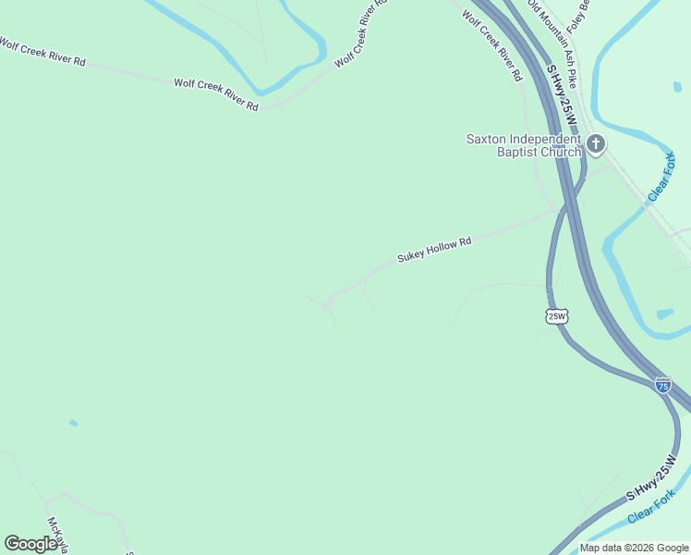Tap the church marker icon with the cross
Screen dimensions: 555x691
[595, 143]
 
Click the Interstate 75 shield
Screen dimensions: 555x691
[662, 385]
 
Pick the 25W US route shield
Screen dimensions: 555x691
[556, 316]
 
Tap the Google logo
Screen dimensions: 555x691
[30, 544]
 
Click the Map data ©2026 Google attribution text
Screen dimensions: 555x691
[635, 548]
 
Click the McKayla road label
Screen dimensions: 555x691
[57, 536]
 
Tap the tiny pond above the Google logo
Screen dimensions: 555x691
[73, 424]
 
